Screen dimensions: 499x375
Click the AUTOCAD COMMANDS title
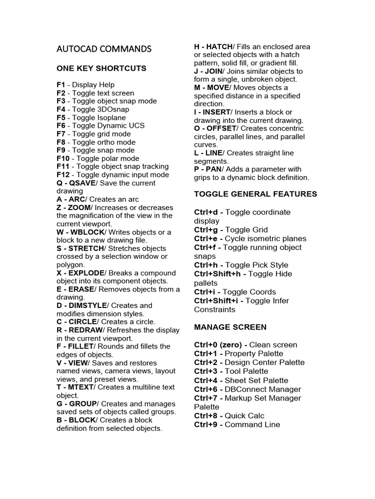tap(104, 49)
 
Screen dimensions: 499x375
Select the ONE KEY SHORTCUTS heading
tap(101, 68)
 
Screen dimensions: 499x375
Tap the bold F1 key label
tap(61, 85)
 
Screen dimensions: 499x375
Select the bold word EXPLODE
tap(86, 273)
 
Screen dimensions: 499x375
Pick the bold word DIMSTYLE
tap(87, 306)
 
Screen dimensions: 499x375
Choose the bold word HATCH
tap(220, 47)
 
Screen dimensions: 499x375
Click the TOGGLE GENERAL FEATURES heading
tap(255, 194)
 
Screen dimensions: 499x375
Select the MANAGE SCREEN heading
tap(230, 326)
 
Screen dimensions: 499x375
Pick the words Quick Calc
tap(244, 416)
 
